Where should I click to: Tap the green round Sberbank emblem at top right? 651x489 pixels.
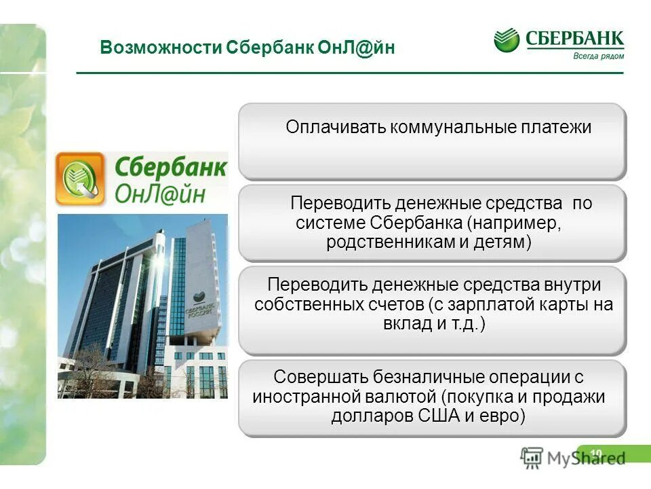click(x=507, y=40)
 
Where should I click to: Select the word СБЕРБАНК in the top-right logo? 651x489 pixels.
click(x=574, y=39)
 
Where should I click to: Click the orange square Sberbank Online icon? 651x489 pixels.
click(x=81, y=179)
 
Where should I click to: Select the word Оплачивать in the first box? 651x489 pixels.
click(x=335, y=128)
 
